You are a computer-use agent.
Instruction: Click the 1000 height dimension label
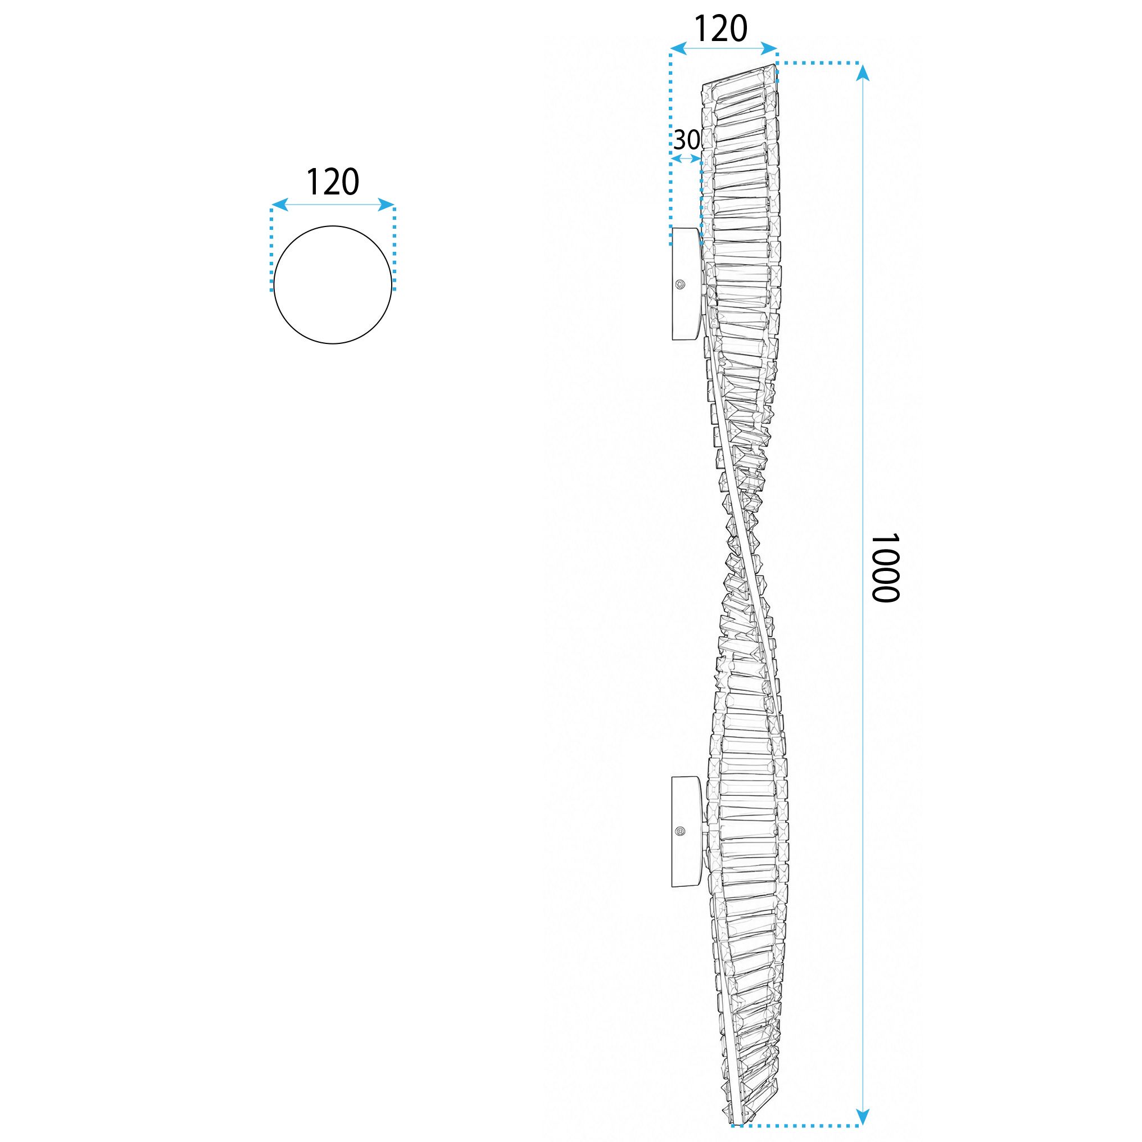pyautogui.click(x=885, y=568)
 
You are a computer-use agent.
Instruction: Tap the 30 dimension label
pyautogui.click(x=687, y=140)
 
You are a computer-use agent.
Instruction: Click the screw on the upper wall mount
pyautogui.click(x=682, y=285)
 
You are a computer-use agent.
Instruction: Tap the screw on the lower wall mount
pyautogui.click(x=682, y=832)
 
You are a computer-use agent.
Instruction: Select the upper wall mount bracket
pyautogui.click(x=686, y=284)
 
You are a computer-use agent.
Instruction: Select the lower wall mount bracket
pyautogui.click(x=686, y=832)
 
